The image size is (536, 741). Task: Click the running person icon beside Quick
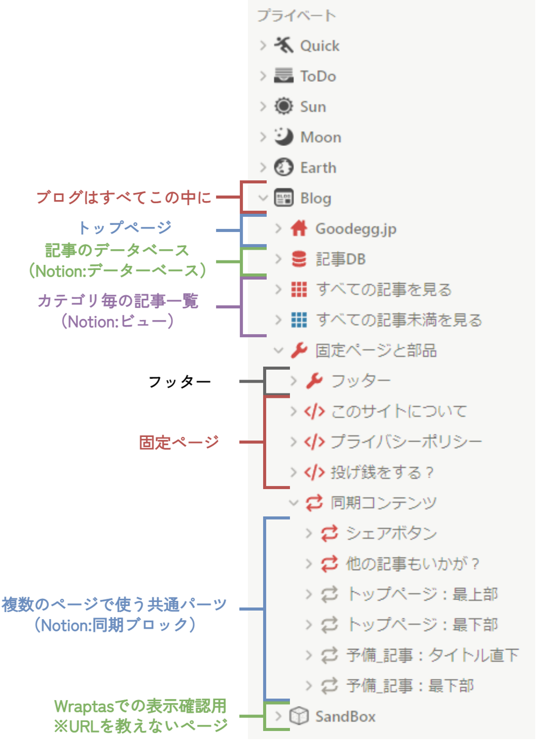[284, 45]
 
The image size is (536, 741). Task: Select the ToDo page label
[318, 76]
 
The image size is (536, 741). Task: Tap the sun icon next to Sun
[284, 106]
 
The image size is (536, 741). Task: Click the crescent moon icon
[284, 137]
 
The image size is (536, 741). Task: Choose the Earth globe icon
[284, 167]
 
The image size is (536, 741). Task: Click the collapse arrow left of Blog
[263, 198]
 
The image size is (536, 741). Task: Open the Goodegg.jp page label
[356, 229]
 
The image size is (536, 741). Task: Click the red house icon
[299, 228]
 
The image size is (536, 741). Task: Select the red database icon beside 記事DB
[299, 259]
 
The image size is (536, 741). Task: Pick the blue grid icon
[299, 320]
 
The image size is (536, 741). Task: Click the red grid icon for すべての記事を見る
[299, 289]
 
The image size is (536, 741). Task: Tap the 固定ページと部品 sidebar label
[376, 351]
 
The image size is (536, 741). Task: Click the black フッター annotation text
[179, 381]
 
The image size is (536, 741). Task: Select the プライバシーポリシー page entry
[406, 442]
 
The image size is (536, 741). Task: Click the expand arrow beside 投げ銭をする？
[294, 472]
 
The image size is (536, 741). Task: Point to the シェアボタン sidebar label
[391, 533]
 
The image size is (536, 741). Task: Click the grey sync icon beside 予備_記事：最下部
[329, 685]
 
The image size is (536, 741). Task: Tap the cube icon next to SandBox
[299, 716]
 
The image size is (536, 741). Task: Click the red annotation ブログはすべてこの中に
[124, 197]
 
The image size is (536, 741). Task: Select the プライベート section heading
[297, 16]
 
